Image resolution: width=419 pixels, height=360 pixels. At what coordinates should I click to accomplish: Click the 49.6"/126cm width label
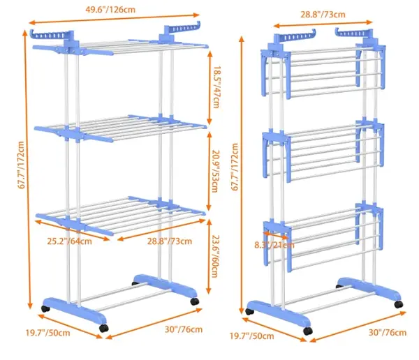110,10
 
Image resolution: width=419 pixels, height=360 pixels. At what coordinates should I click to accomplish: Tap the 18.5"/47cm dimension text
216,87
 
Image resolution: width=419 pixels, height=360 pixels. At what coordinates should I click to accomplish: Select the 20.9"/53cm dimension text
215,172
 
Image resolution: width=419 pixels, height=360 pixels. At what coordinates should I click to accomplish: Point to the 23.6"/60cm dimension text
215,256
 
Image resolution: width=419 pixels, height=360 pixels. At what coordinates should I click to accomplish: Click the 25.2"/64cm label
69,241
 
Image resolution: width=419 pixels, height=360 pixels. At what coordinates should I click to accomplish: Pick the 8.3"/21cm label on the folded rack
274,245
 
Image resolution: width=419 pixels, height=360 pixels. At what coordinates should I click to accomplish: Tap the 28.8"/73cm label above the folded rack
323,15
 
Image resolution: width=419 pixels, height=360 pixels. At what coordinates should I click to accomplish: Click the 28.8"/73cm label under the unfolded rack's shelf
170,241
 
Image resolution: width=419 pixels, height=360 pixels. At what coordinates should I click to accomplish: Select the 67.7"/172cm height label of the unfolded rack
22,165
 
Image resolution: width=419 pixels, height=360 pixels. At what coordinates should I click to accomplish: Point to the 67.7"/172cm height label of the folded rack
235,167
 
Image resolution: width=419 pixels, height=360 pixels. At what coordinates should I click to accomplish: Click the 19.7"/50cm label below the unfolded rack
47,333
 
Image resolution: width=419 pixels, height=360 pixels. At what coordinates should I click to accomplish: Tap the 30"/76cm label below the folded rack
388,333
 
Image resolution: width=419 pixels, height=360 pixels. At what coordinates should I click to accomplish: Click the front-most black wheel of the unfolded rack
103,328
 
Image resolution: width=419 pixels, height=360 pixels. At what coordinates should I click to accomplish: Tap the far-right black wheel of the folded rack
399,304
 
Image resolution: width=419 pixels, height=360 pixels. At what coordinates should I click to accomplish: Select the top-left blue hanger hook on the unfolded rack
51,35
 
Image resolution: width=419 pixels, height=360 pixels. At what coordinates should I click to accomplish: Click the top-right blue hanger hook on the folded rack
354,33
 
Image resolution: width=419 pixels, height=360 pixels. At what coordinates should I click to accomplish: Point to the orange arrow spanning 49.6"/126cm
114,19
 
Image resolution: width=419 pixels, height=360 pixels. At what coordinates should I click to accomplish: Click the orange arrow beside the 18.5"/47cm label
209,87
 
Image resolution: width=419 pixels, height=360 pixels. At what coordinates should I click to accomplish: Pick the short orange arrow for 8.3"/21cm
276,235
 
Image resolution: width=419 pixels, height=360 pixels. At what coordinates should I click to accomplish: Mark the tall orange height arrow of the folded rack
242,175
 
